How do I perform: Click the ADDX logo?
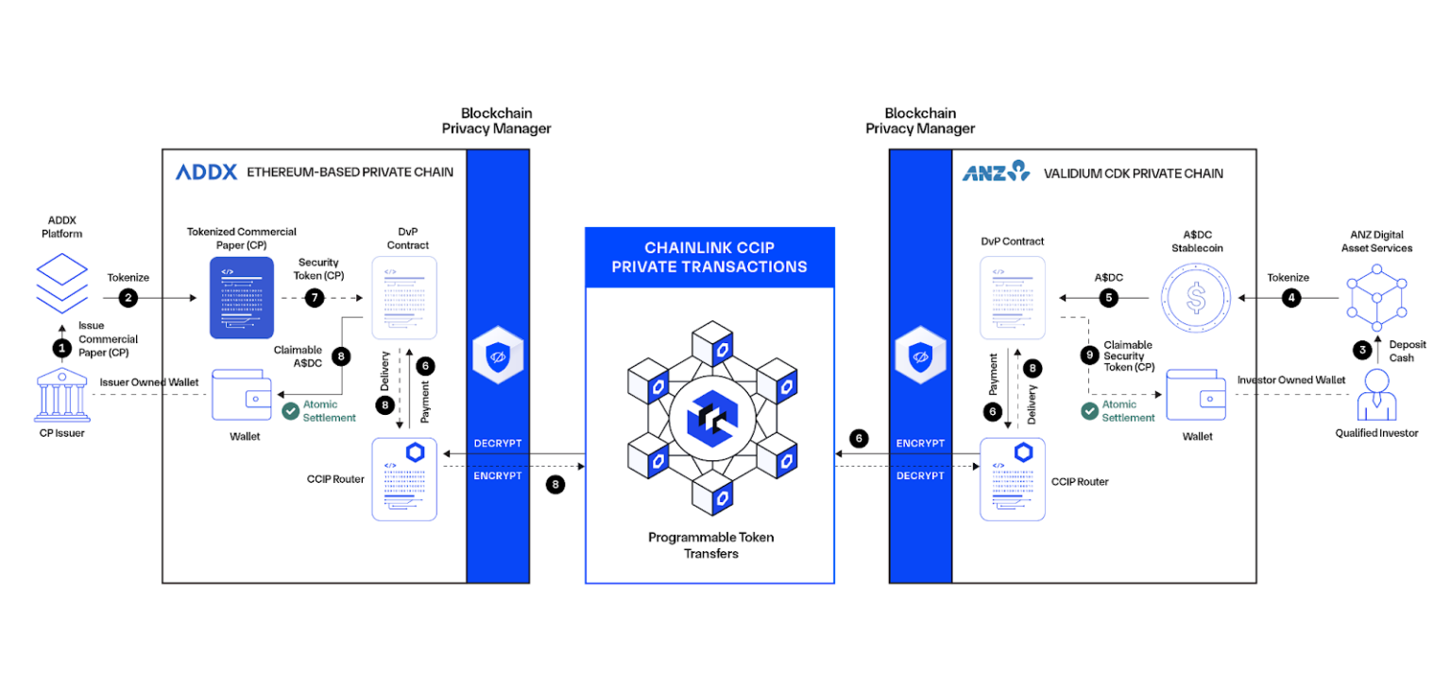coord(206,172)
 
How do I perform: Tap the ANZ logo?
coord(996,172)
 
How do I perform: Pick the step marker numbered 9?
coord(1091,356)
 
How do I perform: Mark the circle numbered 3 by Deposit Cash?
coord(1362,350)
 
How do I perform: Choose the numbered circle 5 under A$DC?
coord(1110,298)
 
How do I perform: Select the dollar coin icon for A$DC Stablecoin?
coord(1197,298)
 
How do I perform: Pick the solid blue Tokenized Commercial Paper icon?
coord(241,297)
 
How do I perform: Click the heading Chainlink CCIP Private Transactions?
coord(709,258)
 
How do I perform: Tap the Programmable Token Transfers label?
coord(709,544)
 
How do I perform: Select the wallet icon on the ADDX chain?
coord(243,395)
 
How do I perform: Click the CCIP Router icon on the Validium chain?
coord(1012,478)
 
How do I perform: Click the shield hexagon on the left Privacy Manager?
coord(497,357)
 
